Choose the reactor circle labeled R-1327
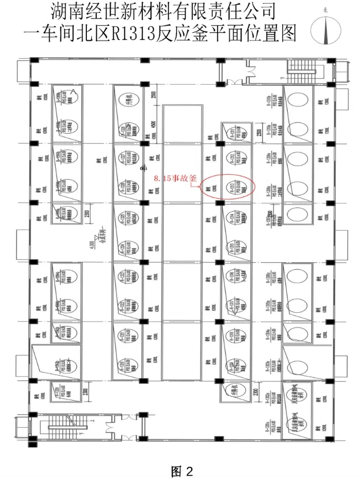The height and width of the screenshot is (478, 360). (x=128, y=158)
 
